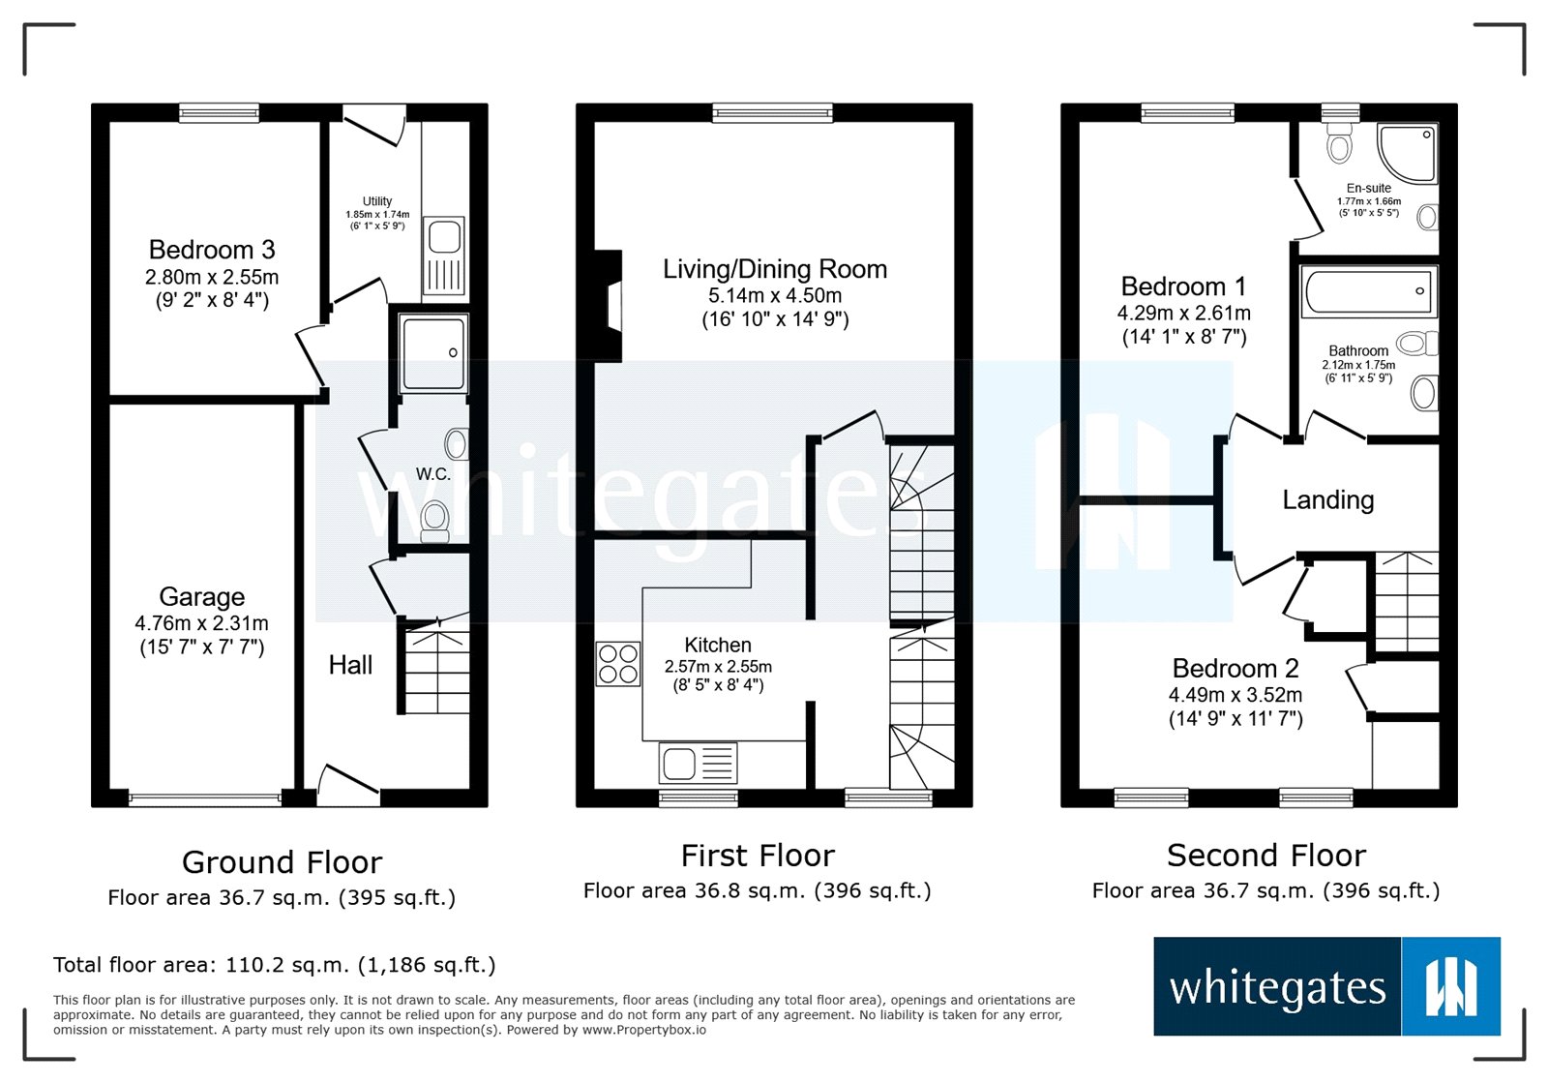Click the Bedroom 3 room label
tap(212, 250)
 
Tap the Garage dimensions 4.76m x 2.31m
tap(201, 624)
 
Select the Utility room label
tap(377, 201)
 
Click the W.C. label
tap(432, 474)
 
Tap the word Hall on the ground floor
tap(350, 665)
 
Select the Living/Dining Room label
tap(774, 269)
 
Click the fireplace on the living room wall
tap(610, 307)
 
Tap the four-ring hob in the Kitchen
tap(618, 664)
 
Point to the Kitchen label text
tap(717, 645)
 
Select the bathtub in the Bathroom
tap(1368, 291)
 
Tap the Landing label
tap(1327, 499)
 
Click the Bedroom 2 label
tap(1235, 668)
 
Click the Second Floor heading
tap(1265, 856)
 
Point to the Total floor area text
tap(274, 965)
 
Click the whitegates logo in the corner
tap(1326, 986)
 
